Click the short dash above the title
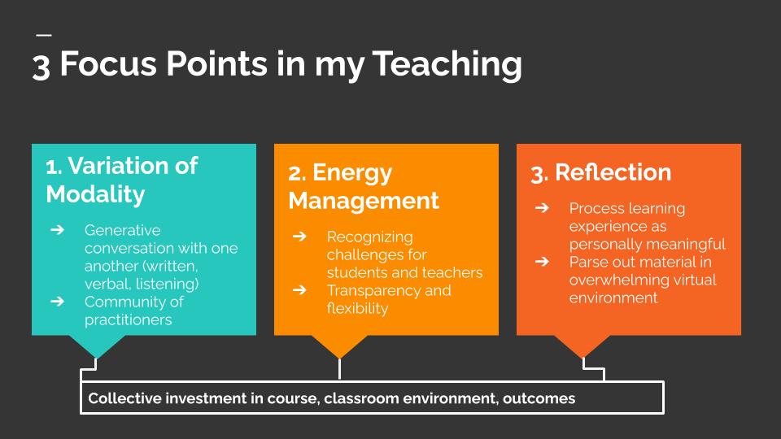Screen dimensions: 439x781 (43, 35)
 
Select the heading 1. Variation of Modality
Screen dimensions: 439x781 (121, 180)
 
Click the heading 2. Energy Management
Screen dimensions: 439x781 (363, 186)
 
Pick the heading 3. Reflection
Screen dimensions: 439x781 (600, 172)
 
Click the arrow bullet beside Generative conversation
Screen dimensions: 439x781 (57, 230)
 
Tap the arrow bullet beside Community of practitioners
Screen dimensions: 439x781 (57, 302)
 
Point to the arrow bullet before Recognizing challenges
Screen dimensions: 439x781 (299, 237)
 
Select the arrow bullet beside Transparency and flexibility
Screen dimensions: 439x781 (299, 290)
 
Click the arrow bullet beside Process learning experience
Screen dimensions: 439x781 (542, 209)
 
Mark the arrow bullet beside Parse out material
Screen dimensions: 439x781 (542, 262)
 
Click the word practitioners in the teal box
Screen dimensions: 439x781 (128, 319)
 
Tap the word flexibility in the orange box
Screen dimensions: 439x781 (357, 308)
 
